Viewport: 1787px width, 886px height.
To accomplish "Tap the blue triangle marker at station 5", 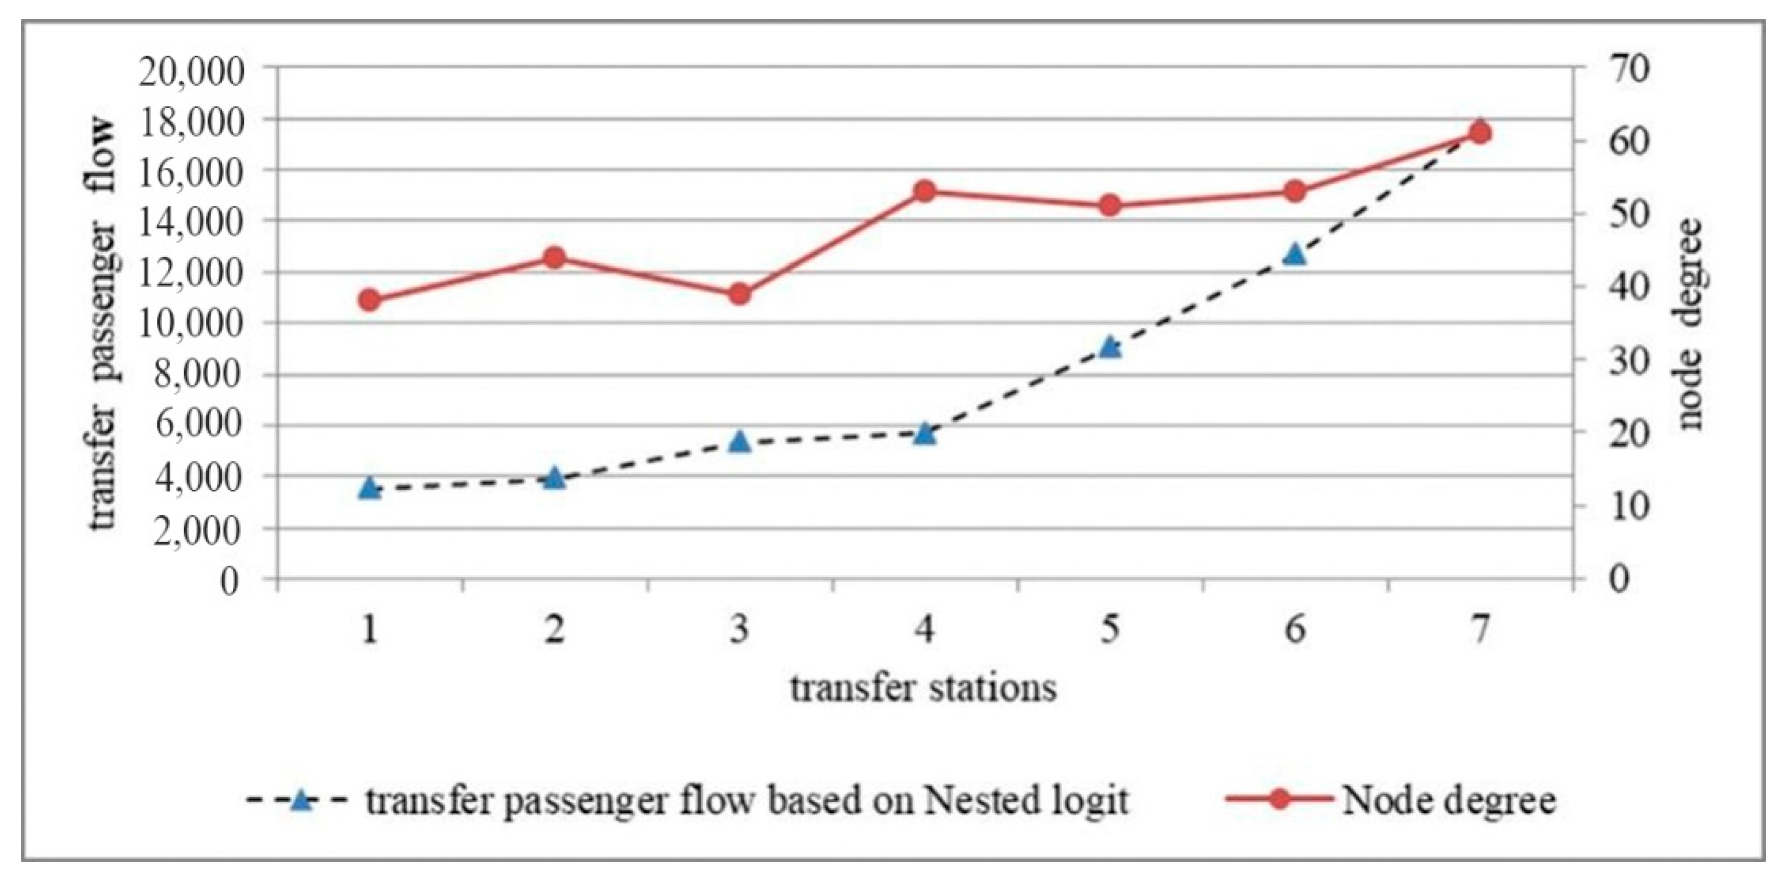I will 1110,346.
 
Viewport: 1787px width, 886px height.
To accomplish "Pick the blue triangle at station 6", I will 1294,254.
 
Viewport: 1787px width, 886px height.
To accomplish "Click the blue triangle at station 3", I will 740,440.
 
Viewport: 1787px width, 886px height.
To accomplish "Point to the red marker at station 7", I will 1480,133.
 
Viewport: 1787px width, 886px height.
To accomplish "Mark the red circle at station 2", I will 554,258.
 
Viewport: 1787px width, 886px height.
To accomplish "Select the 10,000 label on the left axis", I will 192,324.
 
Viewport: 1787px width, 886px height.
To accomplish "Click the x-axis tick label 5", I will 1110,630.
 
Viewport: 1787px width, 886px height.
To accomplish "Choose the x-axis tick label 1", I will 371,630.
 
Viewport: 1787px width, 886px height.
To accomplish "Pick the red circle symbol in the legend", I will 1280,800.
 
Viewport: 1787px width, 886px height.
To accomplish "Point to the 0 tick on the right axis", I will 1616,579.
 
